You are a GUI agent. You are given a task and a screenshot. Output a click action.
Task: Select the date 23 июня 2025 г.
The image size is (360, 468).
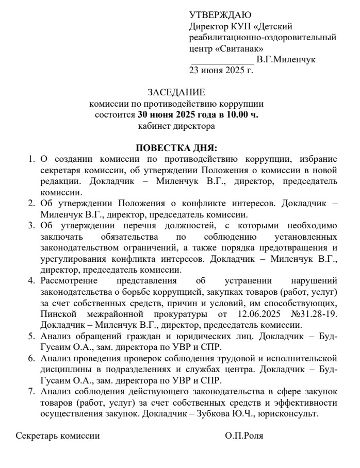221,69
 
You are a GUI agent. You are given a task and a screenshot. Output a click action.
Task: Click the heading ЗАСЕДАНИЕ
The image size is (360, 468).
176,93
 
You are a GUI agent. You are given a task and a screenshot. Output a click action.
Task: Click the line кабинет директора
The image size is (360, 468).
176,125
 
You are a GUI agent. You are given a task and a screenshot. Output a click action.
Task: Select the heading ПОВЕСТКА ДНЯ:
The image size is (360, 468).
176,147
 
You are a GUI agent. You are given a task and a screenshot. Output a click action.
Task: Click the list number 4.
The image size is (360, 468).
31,280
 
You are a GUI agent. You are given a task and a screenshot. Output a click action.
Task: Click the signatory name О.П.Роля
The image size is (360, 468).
244,436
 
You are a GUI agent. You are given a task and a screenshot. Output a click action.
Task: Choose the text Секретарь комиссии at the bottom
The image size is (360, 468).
58,436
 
